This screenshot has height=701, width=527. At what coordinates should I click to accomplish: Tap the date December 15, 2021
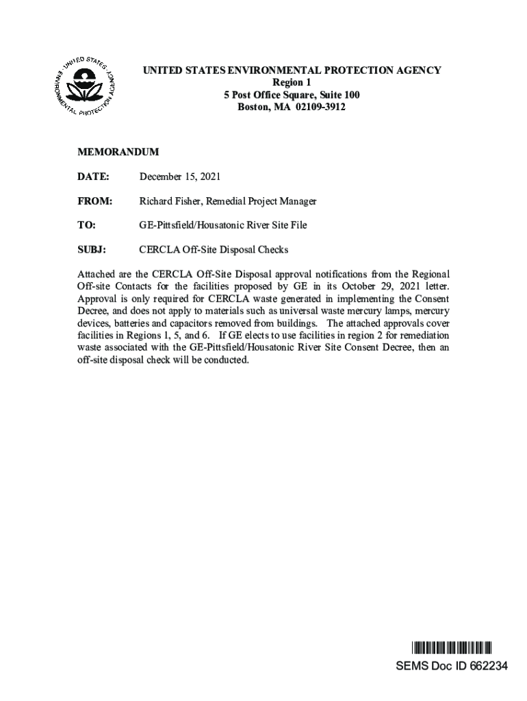coord(180,177)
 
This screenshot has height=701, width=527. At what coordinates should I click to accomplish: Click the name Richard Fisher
coord(168,201)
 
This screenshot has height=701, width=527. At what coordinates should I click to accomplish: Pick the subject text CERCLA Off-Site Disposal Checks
coord(214,249)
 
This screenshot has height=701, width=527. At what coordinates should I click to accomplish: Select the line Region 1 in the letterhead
coord(292,82)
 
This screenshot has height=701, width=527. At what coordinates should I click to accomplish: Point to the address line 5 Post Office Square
coord(292,94)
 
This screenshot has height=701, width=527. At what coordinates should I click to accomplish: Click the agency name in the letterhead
coord(292,71)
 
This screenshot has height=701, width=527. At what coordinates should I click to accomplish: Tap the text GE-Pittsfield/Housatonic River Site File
coord(223,225)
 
